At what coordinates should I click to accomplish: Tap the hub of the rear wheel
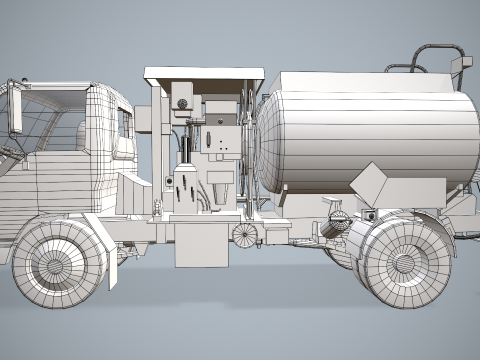coord(404,263)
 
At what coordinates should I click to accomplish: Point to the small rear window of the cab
coord(125,124)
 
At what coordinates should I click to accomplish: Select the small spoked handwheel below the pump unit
coord(243,235)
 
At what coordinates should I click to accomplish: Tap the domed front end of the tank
coord(268,140)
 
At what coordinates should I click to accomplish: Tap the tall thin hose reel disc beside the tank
coord(245,150)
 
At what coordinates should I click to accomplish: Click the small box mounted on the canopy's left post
coord(147,119)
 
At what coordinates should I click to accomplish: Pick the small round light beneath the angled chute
coord(369,215)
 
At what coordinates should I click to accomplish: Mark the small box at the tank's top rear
coord(461,69)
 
